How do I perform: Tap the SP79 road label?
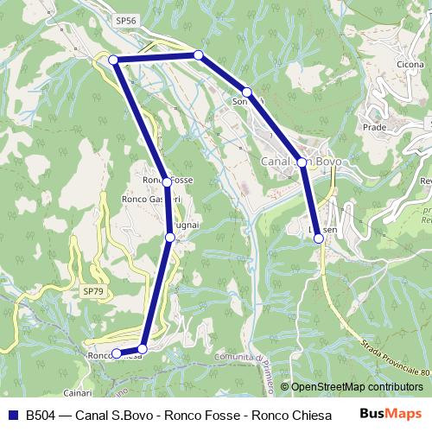[x=93, y=292]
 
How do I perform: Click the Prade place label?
[x=374, y=127]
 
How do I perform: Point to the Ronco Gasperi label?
[x=150, y=199]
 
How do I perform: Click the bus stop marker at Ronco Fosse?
[x=167, y=182]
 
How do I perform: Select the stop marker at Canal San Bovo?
[x=302, y=162]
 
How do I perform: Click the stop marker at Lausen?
[x=320, y=239]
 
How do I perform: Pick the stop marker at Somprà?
[x=247, y=92]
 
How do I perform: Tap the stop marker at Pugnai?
[x=170, y=237]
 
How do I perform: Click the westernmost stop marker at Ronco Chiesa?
[x=117, y=353]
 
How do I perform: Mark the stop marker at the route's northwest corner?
[x=112, y=60]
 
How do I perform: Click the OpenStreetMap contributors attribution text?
[x=356, y=386]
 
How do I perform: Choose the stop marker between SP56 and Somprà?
[x=198, y=55]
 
